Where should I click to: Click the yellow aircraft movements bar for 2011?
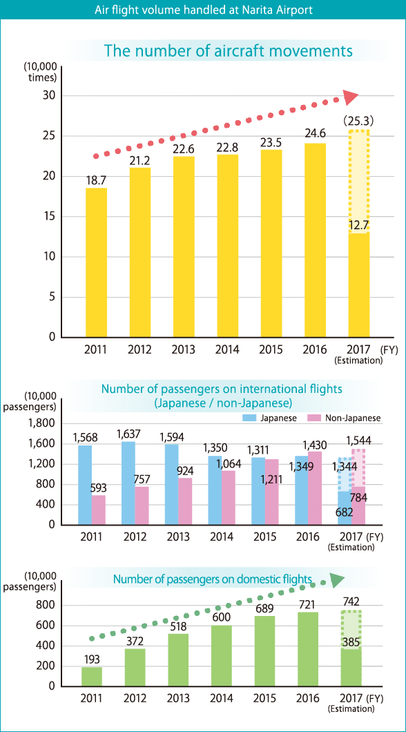point(97,262)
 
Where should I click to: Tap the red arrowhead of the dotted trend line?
point(350,97)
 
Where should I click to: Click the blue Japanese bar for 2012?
point(128,483)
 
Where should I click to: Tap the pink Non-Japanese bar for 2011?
point(99,510)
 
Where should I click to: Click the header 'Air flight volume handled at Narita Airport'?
point(203,10)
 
